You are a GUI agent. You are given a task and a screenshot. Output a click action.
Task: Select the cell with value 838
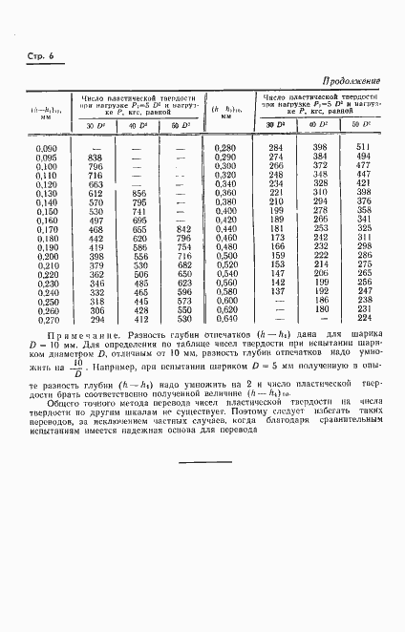click(95, 157)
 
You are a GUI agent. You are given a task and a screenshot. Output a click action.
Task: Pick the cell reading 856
click(140, 192)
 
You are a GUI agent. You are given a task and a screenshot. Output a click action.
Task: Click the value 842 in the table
click(184, 228)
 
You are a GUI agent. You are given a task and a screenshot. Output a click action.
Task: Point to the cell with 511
click(362, 147)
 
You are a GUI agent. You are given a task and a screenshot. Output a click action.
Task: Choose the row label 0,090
click(46, 148)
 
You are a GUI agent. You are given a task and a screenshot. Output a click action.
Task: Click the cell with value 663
click(95, 183)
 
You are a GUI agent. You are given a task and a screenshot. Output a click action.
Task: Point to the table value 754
click(184, 246)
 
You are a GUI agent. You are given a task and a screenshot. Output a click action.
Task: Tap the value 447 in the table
click(362, 175)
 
